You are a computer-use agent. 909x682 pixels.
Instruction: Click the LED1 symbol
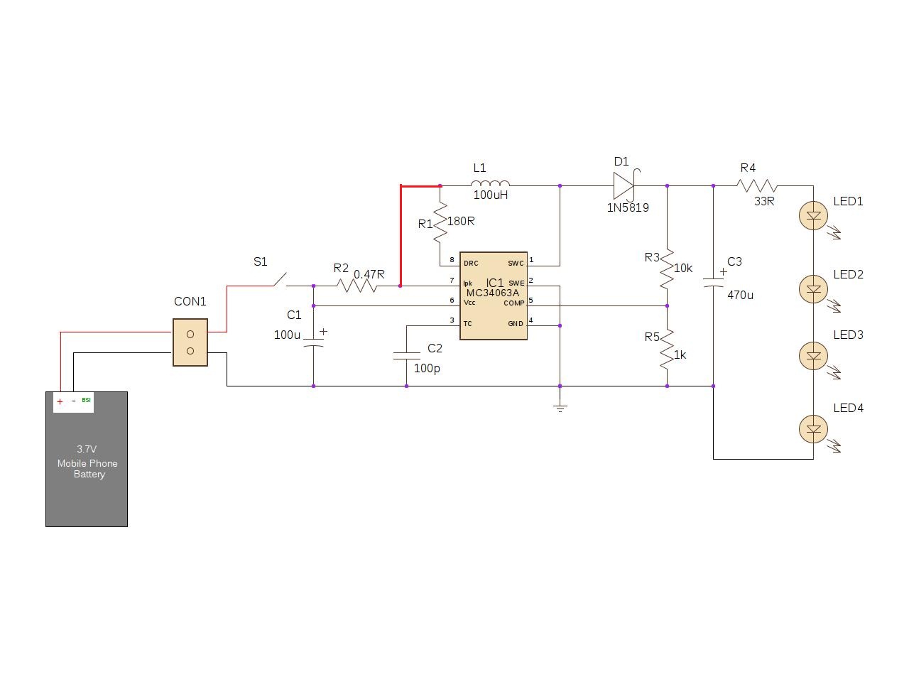813,215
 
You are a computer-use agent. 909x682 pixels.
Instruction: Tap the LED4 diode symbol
813,428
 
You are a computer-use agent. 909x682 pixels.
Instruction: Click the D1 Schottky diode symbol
624,186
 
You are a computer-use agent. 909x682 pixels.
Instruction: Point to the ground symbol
560,408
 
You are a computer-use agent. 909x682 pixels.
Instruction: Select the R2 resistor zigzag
356,286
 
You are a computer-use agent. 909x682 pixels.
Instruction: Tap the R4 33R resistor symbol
757,186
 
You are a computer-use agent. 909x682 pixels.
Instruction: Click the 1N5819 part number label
627,208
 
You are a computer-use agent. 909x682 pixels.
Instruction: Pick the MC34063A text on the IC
492,293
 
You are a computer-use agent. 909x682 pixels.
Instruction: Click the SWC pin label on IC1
516,264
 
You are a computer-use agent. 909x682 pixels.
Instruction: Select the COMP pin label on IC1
513,303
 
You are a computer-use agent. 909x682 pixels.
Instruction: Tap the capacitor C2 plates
406,354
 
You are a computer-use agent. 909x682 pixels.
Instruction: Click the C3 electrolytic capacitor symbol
713,283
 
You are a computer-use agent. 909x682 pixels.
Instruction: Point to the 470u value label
740,295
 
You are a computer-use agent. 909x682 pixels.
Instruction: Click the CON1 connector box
190,342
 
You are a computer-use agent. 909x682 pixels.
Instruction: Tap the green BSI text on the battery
86,400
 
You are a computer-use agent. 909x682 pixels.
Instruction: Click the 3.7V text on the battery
87,449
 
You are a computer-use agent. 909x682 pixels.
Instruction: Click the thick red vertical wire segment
401,236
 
